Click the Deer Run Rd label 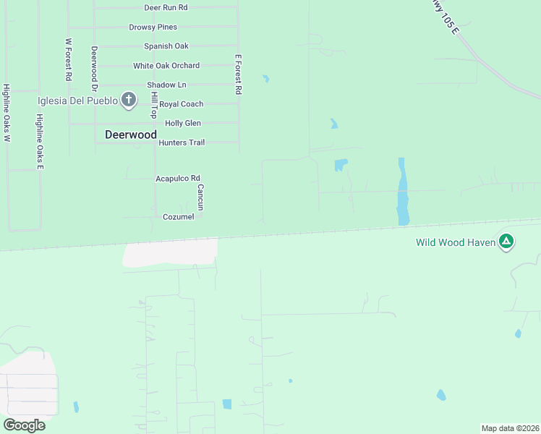pyautogui.click(x=166, y=7)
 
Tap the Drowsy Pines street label pyautogui.click(x=153, y=27)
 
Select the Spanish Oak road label pyautogui.click(x=166, y=46)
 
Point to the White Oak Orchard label pyautogui.click(x=166, y=66)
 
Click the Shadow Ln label pyautogui.click(x=166, y=85)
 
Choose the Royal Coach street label pyautogui.click(x=181, y=104)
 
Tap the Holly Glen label pyautogui.click(x=183, y=123)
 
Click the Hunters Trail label pyautogui.click(x=182, y=142)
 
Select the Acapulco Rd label pyautogui.click(x=177, y=178)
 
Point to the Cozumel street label pyautogui.click(x=178, y=217)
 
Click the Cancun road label pyautogui.click(x=201, y=197)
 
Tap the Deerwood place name pyautogui.click(x=131, y=135)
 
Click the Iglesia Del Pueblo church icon pyautogui.click(x=129, y=100)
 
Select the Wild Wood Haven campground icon pyautogui.click(x=507, y=242)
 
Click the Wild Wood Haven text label pyautogui.click(x=456, y=242)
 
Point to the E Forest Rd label pyautogui.click(x=238, y=75)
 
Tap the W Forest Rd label pyautogui.click(x=68, y=59)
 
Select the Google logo pyautogui.click(x=24, y=425)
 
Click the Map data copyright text pyautogui.click(x=511, y=427)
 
